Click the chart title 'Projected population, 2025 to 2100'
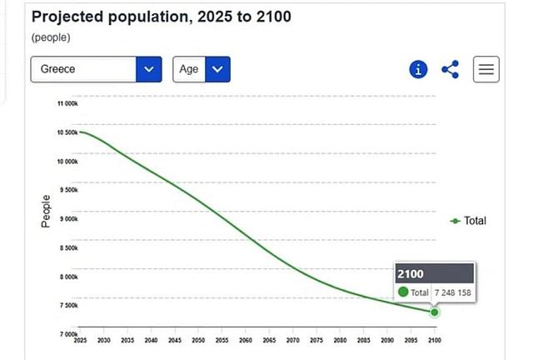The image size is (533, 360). [x=161, y=17]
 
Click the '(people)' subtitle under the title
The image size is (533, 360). [x=51, y=37]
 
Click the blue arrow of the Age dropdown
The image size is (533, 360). [x=217, y=69]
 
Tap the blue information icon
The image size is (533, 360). [x=419, y=70]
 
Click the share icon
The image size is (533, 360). [x=451, y=70]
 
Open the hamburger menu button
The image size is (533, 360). [x=486, y=70]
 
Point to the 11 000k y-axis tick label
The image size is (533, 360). [x=67, y=103]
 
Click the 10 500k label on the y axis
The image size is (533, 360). [x=67, y=132]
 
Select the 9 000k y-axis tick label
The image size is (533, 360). [x=67, y=219]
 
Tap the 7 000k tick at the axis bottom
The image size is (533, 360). [x=67, y=334]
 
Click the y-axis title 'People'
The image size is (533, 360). [x=47, y=211]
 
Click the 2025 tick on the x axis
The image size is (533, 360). [x=81, y=341]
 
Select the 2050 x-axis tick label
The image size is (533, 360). [x=198, y=341]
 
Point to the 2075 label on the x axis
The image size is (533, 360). [x=316, y=341]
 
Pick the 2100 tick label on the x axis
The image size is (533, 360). [x=434, y=341]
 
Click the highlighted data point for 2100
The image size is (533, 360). [x=434, y=312]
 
